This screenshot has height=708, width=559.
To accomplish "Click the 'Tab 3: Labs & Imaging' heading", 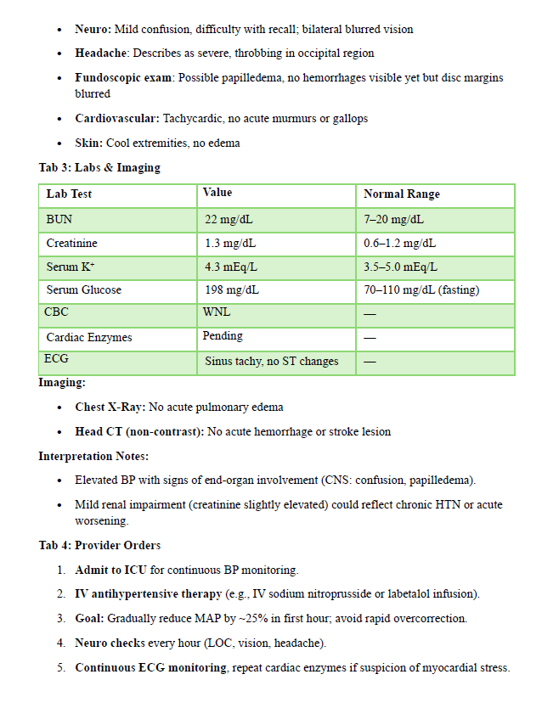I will (99, 167).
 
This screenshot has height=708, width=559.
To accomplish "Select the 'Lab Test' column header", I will (70, 194).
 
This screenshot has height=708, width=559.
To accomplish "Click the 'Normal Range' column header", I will (402, 194).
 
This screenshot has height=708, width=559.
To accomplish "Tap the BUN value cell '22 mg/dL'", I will (229, 220).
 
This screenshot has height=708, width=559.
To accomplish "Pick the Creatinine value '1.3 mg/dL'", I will (230, 244).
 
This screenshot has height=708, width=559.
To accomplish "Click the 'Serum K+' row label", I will (71, 267).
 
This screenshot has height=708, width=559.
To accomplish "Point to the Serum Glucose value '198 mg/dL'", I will (232, 290).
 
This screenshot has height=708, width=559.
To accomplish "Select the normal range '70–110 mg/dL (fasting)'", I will (421, 290).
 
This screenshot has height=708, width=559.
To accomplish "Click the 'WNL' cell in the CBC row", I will (217, 312).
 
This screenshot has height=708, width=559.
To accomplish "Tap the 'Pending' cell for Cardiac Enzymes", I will (223, 336).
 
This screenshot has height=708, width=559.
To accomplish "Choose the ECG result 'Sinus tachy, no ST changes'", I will (272, 362).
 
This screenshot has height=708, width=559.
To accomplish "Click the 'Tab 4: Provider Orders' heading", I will (99, 545).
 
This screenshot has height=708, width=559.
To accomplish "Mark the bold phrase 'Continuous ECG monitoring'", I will (150, 668).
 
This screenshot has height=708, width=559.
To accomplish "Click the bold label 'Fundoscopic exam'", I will (124, 78).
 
